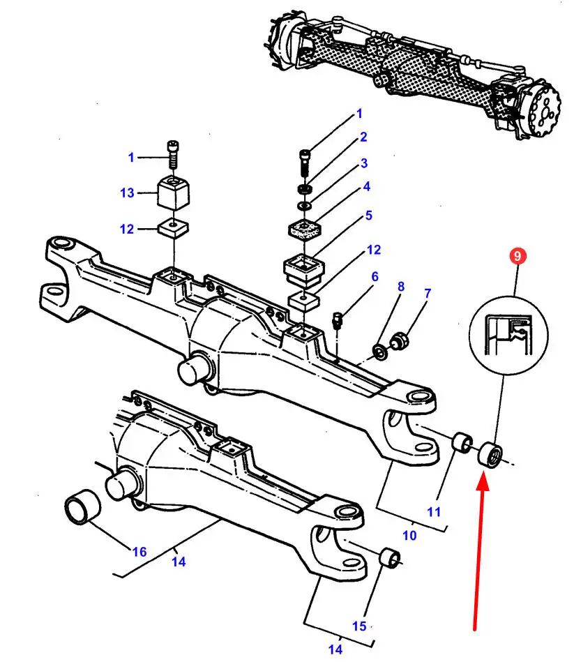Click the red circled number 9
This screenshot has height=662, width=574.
coord(518,256)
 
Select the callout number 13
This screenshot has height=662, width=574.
coord(127,193)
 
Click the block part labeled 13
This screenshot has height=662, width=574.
coord(173,193)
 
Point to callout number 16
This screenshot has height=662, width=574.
coord(139,552)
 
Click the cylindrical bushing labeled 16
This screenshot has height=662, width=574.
coord(83,507)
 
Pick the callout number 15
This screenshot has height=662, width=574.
coord(359,626)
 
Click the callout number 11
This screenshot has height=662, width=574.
coord(434,512)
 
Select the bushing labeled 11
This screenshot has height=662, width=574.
coord(462,443)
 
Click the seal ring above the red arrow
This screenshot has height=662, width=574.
coord(490,455)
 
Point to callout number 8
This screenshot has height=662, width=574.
coord(401,287)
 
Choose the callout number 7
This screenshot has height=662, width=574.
coord(428,293)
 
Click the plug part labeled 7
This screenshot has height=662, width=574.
coord(399,340)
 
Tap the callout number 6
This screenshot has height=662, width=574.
coord(375,276)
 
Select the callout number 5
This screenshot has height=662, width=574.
coord(369,216)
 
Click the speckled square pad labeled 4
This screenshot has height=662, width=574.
coord(305,228)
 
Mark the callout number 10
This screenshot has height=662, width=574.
coord(409,535)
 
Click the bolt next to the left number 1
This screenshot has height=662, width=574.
coord(173,154)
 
